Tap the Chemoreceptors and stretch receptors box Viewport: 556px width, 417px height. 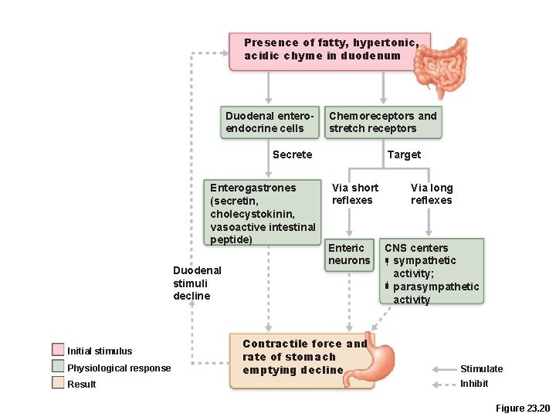383,122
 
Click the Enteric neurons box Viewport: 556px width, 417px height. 349,255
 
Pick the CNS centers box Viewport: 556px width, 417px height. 432,271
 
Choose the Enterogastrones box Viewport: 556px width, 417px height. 263,213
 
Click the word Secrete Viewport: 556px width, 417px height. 292,154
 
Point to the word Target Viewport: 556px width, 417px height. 404,154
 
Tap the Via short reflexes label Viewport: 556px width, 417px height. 354,194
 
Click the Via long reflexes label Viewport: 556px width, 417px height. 432,194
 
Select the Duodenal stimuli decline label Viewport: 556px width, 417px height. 197,283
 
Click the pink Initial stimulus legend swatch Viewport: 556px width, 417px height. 58,351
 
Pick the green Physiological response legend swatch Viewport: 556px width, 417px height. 58,367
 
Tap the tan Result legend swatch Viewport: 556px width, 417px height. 58,383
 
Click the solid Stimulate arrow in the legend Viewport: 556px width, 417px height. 443,369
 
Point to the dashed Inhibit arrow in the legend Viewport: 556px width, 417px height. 443,384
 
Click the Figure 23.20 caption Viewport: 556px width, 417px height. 522,408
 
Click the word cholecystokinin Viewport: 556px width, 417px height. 251,214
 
